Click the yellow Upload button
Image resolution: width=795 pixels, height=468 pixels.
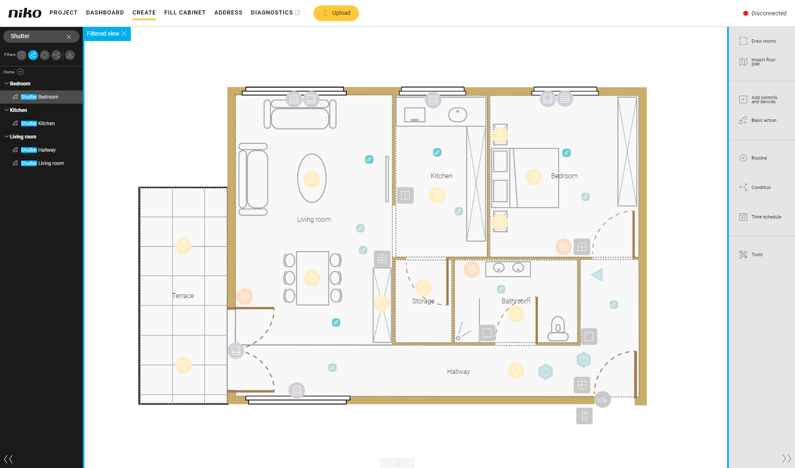click(336, 13)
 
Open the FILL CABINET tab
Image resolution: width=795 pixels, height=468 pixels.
click(185, 12)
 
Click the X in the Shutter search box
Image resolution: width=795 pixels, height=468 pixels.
click(69, 36)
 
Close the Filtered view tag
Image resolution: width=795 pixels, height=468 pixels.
click(124, 34)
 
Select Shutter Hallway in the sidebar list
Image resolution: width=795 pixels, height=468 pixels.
click(38, 150)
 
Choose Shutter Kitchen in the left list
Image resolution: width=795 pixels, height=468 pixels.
click(38, 124)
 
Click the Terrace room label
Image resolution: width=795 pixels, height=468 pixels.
click(183, 296)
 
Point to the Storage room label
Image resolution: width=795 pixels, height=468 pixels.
click(423, 301)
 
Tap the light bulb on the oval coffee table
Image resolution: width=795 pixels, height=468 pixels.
click(312, 179)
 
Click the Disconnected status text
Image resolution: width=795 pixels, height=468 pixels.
click(769, 13)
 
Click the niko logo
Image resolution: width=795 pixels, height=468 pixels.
click(25, 13)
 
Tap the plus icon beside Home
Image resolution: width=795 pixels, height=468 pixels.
click(20, 72)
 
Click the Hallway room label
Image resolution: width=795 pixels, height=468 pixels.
click(458, 372)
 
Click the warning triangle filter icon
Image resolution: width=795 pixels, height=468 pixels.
click(70, 55)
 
